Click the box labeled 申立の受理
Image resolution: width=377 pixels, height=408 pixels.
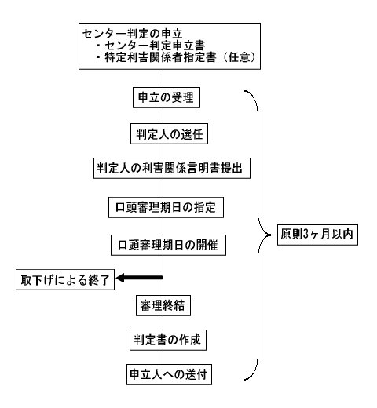pos(167,97)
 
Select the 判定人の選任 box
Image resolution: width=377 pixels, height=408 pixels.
pos(169,134)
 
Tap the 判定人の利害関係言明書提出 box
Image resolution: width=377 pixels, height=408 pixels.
pos(172,168)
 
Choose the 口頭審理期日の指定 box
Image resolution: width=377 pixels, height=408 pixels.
pos(166,207)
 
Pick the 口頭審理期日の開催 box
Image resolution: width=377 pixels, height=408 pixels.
pos(168,245)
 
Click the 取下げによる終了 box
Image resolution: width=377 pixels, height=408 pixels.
pos(65,279)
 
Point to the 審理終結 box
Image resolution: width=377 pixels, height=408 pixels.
pos(163,305)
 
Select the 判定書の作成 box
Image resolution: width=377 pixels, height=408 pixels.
pos(168,340)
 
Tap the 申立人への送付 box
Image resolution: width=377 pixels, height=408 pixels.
pos(169,374)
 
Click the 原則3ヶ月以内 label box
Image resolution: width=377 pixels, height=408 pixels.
pos(317,235)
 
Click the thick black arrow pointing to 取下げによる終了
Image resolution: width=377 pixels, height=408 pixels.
pos(139,278)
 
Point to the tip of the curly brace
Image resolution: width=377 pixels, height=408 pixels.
pos(271,235)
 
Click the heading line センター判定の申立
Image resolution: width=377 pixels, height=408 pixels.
pos(132,34)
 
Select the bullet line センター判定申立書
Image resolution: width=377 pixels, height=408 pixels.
pos(151,46)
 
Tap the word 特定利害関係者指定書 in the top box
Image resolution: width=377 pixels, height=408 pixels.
pos(160,57)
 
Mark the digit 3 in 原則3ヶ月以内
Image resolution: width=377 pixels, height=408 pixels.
pos(306,234)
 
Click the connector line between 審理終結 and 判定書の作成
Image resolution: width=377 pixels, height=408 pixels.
pos(163,322)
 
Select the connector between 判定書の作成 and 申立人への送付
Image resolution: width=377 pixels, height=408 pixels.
pos(163,357)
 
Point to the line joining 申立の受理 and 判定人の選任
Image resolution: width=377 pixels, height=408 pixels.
pos(163,116)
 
